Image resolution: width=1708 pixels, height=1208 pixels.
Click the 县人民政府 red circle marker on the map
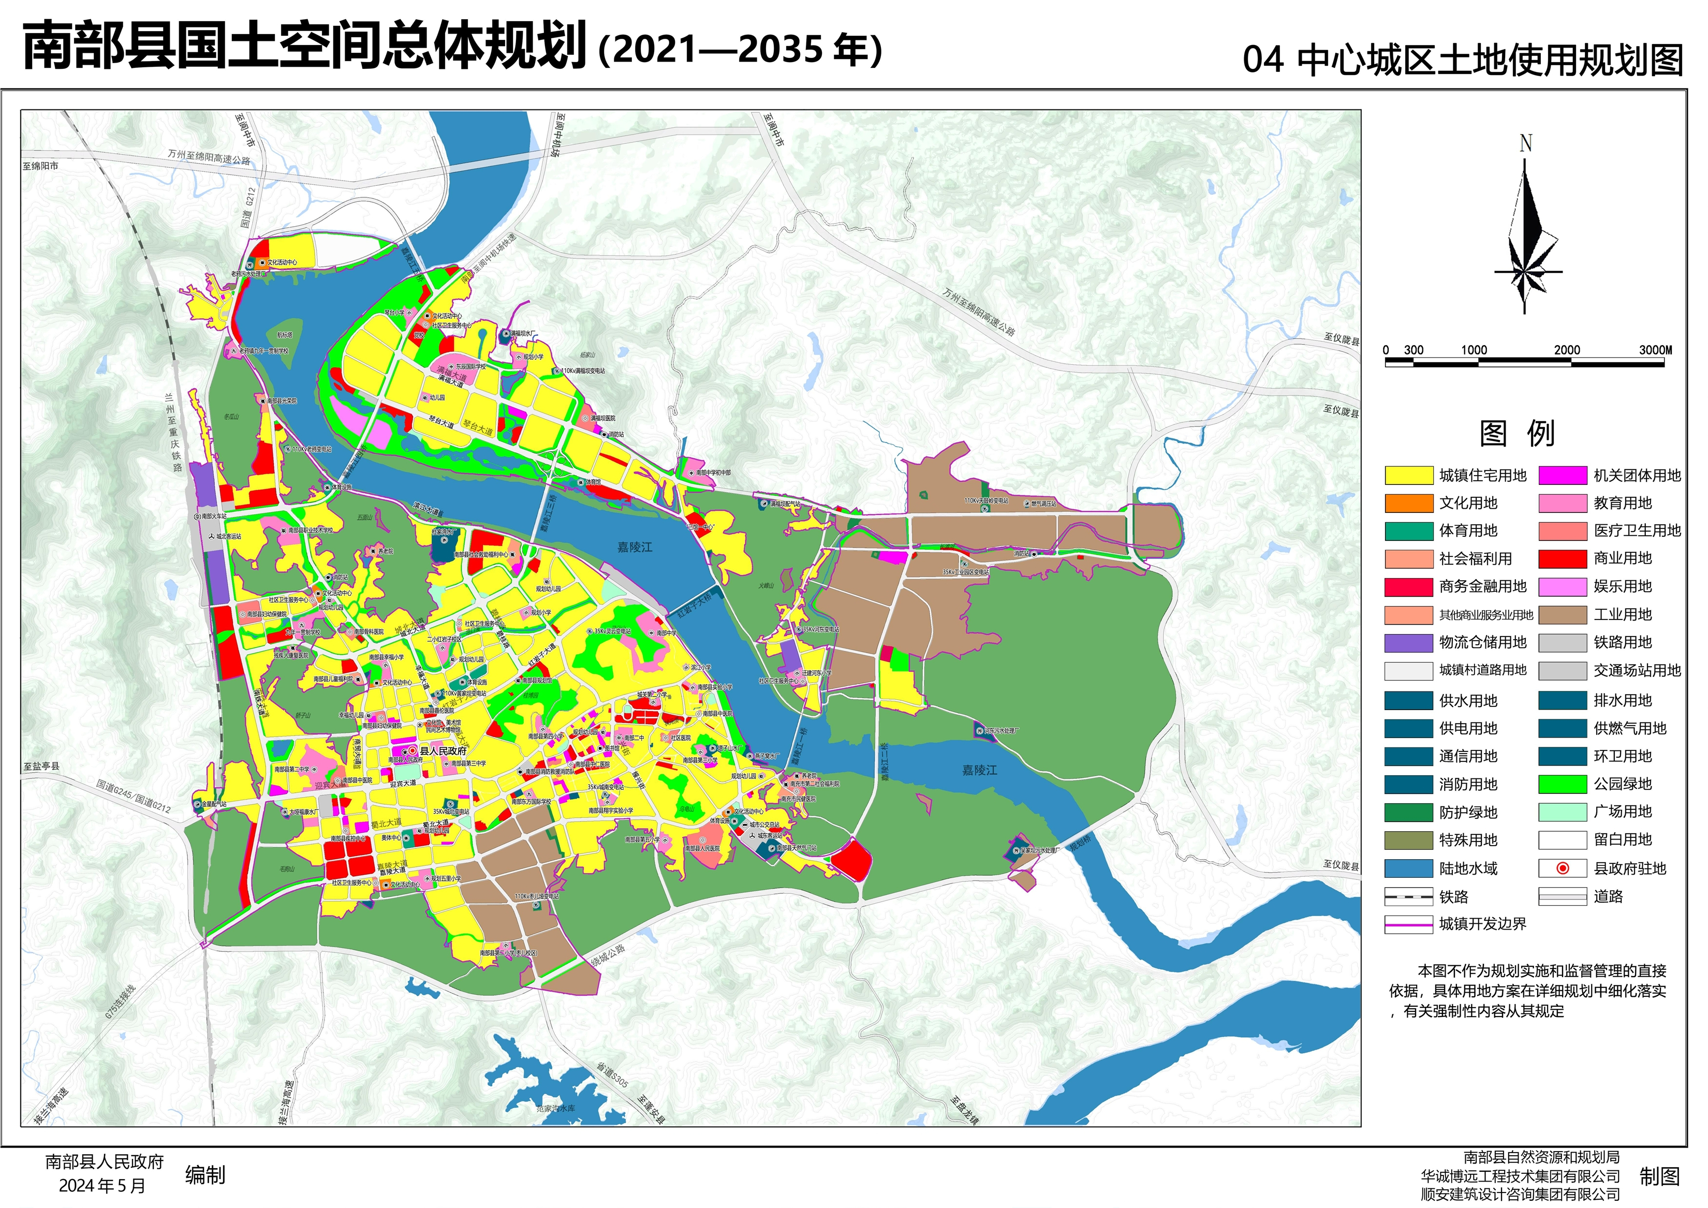point(413,752)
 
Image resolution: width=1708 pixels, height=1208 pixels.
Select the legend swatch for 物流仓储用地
point(1408,643)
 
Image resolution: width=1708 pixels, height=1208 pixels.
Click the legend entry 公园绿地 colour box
point(1562,784)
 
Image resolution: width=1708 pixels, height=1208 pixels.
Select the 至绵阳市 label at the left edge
point(40,166)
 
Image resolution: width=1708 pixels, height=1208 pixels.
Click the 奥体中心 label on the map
point(391,837)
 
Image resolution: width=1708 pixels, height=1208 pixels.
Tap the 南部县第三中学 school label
point(468,763)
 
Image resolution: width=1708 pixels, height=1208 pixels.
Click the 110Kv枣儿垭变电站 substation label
point(536,896)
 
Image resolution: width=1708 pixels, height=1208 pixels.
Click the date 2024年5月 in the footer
point(102,1186)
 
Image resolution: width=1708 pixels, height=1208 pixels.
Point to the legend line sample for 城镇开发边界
point(1408,924)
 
